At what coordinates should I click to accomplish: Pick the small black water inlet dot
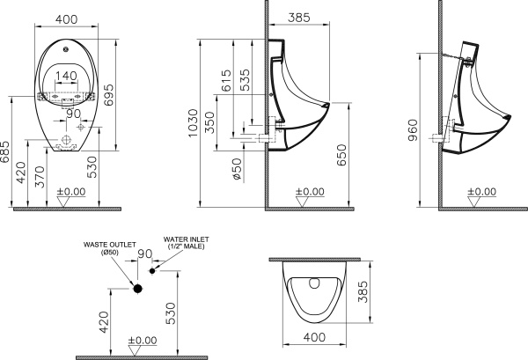pos(153,271)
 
